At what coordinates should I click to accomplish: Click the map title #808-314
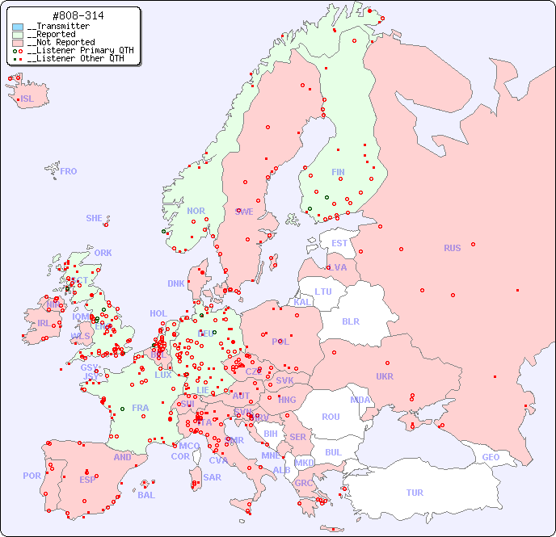click(x=78, y=16)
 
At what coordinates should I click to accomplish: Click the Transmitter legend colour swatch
click(x=18, y=27)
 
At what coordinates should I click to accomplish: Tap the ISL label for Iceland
click(x=27, y=99)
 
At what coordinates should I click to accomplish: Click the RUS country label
click(x=452, y=248)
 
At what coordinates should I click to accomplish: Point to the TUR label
click(x=415, y=493)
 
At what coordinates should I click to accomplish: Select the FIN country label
click(x=338, y=172)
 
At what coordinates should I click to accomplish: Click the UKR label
click(x=385, y=376)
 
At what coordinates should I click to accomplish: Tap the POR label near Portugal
click(x=32, y=476)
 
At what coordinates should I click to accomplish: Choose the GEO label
click(x=491, y=457)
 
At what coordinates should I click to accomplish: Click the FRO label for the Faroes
click(x=69, y=171)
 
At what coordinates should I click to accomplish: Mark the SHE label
click(x=95, y=218)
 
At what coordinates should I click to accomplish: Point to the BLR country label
click(x=350, y=321)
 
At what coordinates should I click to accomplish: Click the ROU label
click(x=331, y=417)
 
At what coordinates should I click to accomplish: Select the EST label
click(x=339, y=243)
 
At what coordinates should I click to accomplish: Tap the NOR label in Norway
click(x=196, y=211)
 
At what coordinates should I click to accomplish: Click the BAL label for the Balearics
click(x=146, y=495)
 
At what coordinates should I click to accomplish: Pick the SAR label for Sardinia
click(x=213, y=477)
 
